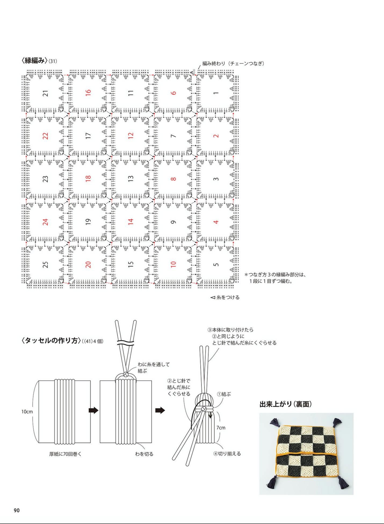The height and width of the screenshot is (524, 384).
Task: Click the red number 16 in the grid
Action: coord(88,93)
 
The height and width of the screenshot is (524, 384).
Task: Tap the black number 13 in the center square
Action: coord(131,179)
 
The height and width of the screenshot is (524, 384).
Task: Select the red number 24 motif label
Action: coord(46,222)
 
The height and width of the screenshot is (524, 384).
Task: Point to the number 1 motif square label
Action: coord(216,93)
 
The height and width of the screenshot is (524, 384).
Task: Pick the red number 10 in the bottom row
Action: coord(173,264)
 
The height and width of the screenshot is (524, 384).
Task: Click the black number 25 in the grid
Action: coord(46,264)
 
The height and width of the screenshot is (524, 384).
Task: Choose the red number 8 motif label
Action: coord(173,179)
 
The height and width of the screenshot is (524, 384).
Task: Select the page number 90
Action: coord(17,510)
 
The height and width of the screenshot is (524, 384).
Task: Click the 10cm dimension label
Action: coord(27,411)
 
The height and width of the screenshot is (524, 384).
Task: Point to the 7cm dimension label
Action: coord(221,428)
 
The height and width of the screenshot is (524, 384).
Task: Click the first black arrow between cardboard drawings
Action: coord(94,410)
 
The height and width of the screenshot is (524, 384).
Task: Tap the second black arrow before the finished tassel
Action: coord(160,410)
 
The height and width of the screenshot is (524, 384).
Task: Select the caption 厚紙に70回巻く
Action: coord(65,454)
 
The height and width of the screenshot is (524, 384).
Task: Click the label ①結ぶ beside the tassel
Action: coord(224,394)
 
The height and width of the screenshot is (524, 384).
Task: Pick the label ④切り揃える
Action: coord(227,454)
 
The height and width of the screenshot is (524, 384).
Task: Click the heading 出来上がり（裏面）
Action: coord(285,404)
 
